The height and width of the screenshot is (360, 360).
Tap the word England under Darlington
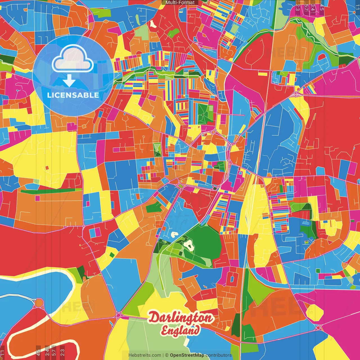(181, 330)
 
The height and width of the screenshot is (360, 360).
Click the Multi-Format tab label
(180, 3)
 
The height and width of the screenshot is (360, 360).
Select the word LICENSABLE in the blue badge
(73, 95)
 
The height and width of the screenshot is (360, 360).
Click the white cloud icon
(73, 59)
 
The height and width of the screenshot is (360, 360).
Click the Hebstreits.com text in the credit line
(145, 355)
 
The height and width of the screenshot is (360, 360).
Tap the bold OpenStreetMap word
(187, 355)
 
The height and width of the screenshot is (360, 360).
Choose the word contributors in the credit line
(219, 355)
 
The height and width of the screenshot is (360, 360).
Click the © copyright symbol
(166, 355)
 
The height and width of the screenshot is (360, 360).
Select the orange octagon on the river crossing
(39, 303)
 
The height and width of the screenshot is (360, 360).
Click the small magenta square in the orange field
(38, 198)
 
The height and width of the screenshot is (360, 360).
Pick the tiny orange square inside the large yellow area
(47, 168)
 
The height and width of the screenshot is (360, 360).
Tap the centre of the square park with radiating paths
(203, 114)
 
